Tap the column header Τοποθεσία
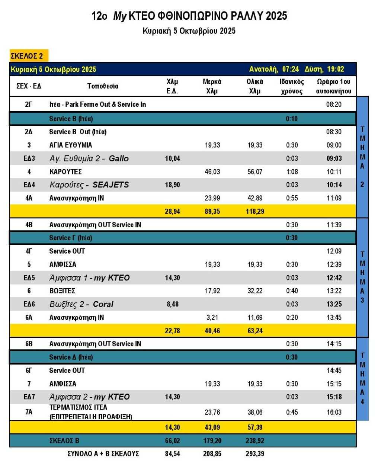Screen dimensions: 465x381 (x=103, y=86)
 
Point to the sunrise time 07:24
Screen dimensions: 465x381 (x=290, y=69)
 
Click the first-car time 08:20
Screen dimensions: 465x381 (x=334, y=105)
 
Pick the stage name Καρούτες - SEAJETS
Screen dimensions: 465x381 (x=89, y=185)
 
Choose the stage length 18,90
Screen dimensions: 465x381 (x=172, y=185)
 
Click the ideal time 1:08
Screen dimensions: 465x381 (x=292, y=172)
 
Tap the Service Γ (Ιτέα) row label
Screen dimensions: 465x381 (x=71, y=238)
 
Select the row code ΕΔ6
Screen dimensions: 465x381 (x=29, y=304)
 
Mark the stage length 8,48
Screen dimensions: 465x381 (x=172, y=304)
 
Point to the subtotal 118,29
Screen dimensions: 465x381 (x=255, y=212)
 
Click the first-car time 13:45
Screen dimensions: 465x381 (x=334, y=318)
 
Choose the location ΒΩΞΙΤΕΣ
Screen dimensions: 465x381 (x=62, y=291)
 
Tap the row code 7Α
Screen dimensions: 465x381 (x=29, y=412)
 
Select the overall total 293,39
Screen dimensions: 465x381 (x=255, y=454)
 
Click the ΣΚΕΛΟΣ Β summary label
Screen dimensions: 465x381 (x=64, y=441)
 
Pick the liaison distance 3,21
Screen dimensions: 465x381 (x=212, y=318)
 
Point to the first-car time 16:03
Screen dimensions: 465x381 (x=334, y=412)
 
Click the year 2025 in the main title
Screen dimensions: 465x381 (x=276, y=16)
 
